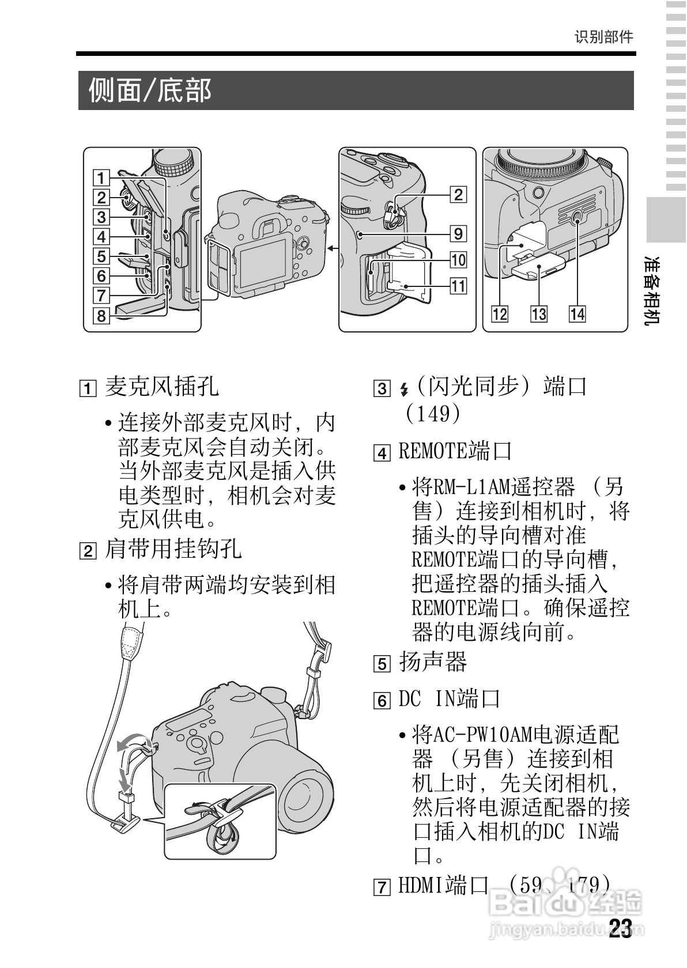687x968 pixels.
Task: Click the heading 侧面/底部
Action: [150, 90]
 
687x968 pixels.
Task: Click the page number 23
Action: [621, 928]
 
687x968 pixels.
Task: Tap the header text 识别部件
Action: [603, 37]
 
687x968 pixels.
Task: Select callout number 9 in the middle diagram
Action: [458, 233]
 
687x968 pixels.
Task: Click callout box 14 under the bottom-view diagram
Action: [577, 314]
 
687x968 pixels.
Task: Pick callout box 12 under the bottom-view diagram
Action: [500, 314]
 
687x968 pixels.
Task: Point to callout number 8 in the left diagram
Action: [101, 316]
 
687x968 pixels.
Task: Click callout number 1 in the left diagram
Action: [101, 178]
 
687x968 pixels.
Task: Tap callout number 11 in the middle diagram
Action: [458, 286]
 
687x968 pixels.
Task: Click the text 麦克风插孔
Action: [162, 387]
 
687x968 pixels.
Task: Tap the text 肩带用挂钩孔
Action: [173, 549]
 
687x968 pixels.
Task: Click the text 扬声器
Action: [433, 662]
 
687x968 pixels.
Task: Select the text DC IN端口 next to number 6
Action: [449, 699]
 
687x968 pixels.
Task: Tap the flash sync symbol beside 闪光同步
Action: [404, 390]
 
